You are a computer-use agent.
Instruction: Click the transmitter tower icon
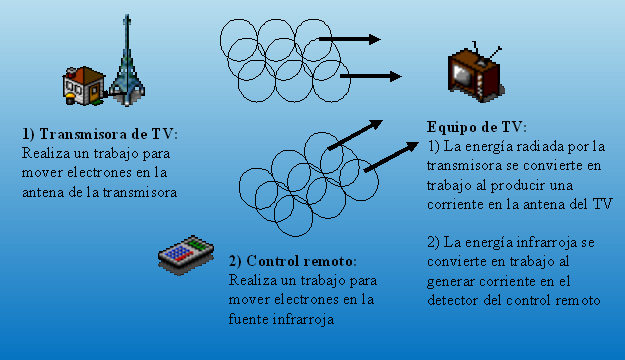(x=125, y=62)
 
